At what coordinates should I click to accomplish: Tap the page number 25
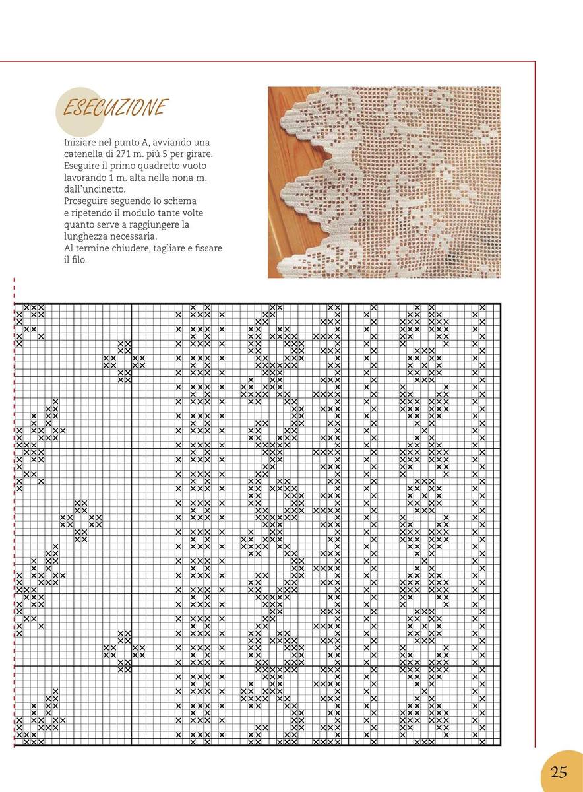(559, 772)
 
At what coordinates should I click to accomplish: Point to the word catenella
(84, 153)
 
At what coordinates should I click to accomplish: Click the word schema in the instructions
(181, 201)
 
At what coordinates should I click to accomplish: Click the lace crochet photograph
(384, 182)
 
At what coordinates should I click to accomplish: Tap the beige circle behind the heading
(79, 112)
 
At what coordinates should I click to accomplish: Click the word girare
(204, 153)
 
